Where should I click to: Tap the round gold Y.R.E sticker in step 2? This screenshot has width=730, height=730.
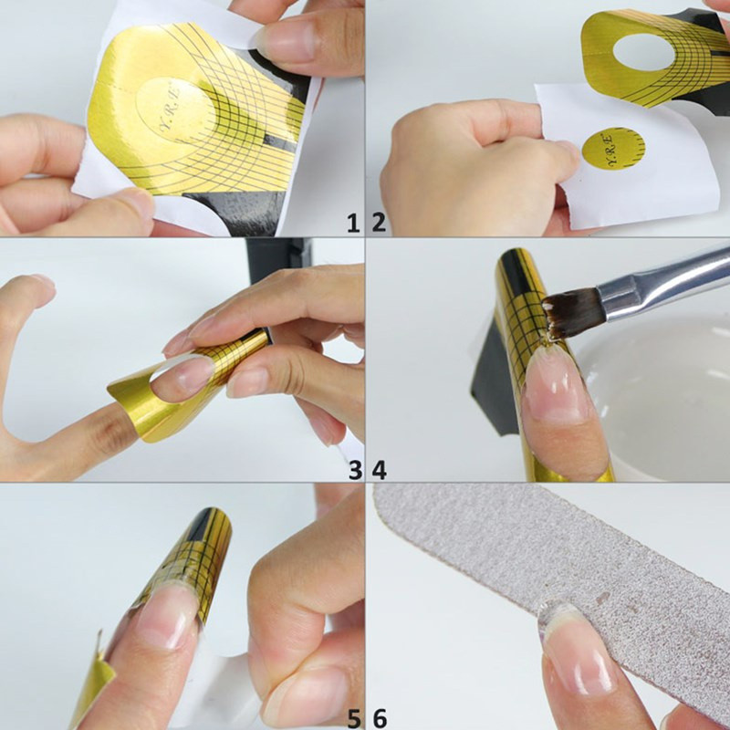point(612,148)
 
